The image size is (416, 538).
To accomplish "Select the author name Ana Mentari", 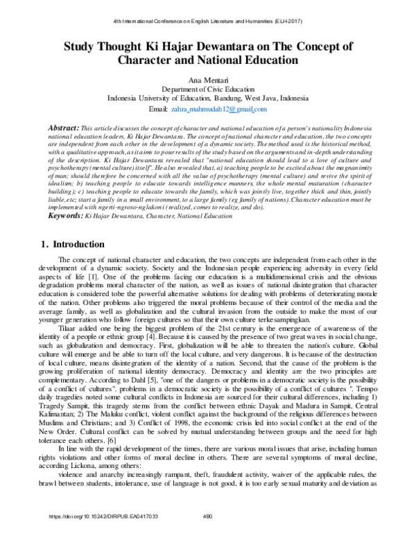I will [207, 81].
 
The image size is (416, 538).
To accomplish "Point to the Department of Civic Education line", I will [207, 90].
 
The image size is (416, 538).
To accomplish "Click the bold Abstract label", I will [62, 129].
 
